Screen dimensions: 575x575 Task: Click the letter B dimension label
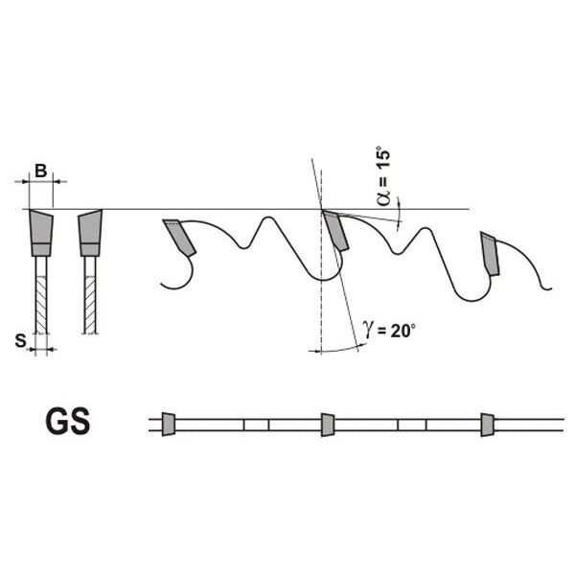coord(40,171)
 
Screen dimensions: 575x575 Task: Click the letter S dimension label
coord(21,340)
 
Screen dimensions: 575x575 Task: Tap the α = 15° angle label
coord(383,178)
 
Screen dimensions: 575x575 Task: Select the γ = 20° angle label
coord(389,330)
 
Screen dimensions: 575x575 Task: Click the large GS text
coord(68,422)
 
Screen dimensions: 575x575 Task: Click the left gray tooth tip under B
coord(41,233)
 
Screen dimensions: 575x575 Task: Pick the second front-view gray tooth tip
coord(90,233)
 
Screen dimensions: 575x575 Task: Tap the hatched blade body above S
coord(41,305)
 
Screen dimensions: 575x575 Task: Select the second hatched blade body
coord(90,305)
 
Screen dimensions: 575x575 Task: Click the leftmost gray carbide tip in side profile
coord(179,237)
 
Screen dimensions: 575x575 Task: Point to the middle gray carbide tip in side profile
coord(335,230)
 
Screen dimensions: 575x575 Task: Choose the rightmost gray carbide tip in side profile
coord(490,253)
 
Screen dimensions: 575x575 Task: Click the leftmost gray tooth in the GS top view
coord(169,425)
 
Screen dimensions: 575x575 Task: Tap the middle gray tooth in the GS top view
coord(328,425)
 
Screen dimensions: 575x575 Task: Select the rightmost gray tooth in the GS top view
coord(488,425)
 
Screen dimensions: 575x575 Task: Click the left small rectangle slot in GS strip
coord(256,425)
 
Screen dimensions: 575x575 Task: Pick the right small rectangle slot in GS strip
coord(412,425)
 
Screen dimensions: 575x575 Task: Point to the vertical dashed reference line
coord(321,263)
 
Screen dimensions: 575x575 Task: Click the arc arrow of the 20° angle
coord(337,350)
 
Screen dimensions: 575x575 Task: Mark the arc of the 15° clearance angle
coord(399,215)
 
